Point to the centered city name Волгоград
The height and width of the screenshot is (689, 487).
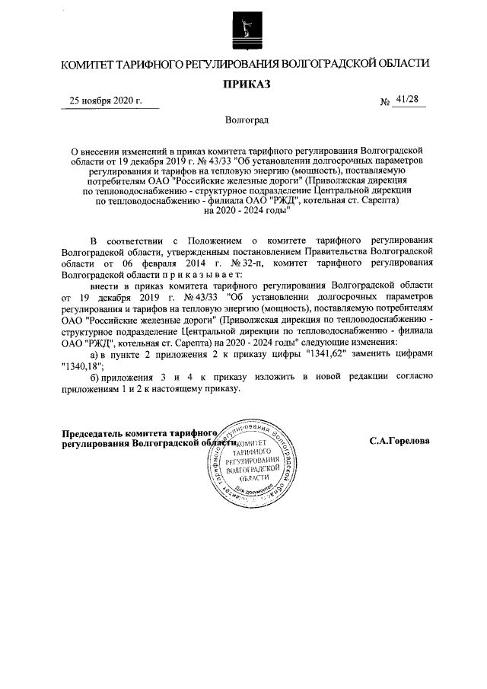[x=246, y=120]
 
